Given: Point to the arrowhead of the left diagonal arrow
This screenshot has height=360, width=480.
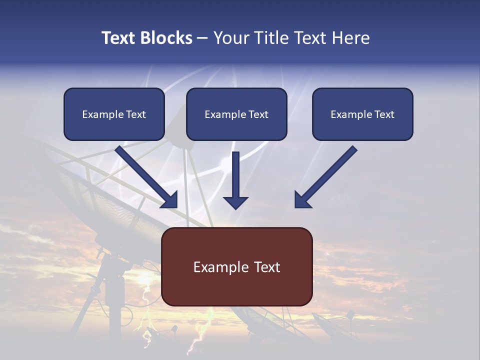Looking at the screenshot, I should [170, 200].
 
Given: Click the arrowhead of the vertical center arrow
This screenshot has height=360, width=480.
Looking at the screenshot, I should [235, 202].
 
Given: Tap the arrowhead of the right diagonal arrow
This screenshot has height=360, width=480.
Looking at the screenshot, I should [302, 200].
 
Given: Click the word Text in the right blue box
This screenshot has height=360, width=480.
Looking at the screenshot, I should [384, 114].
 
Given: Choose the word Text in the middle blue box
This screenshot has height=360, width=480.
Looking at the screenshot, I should [258, 114].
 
